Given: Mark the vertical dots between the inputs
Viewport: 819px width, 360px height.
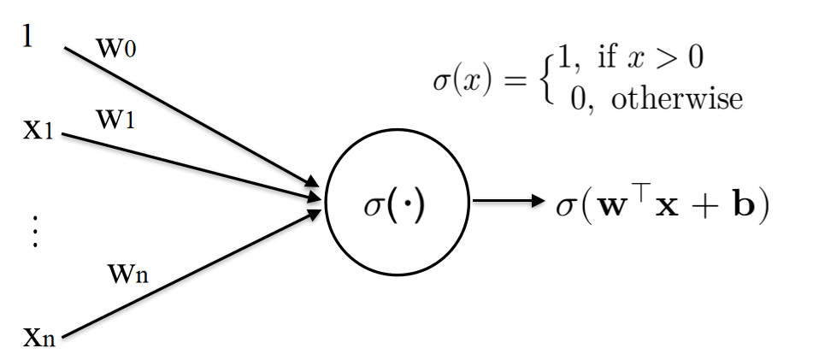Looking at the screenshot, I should (34, 232).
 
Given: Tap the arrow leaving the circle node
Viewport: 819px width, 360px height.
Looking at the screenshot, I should (508, 202).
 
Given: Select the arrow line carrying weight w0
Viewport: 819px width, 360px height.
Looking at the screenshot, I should (188, 115).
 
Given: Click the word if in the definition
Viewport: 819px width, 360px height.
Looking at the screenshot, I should (608, 59).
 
